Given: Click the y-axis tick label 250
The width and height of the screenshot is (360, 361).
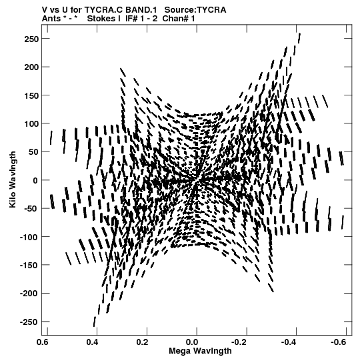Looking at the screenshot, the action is (31, 39).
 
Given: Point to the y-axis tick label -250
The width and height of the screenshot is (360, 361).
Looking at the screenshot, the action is (29, 322).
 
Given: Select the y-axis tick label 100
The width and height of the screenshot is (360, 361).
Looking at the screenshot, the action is (31, 124).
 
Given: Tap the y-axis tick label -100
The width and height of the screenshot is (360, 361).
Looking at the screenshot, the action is (29, 237).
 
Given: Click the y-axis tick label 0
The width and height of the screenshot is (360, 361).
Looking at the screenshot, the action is (35, 180).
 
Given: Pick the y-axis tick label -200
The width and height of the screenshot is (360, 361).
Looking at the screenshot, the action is (29, 294).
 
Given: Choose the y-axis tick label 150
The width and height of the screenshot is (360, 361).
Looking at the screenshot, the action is (31, 95).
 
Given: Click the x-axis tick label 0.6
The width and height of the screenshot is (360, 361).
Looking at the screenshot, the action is (42, 342).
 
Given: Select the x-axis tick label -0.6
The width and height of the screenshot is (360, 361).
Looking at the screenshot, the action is (338, 342).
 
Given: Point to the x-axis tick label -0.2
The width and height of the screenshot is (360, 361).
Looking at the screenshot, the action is (239, 342).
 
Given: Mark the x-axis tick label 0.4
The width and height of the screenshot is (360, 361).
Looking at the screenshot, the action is (92, 342).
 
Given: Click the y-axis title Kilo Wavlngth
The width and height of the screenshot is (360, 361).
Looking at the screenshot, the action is (13, 179).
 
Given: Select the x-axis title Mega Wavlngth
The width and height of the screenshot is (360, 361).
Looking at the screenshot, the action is (200, 351).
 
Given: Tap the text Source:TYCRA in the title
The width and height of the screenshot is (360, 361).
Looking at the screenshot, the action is (195, 10).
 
